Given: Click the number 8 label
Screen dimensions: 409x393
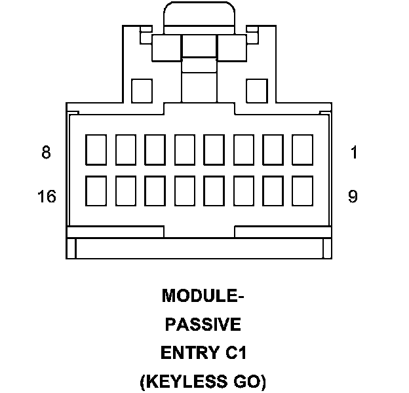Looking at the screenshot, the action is point(46,153).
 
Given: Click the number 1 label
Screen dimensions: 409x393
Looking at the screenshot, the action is point(354,153).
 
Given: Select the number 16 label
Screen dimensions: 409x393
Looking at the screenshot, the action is point(47,196).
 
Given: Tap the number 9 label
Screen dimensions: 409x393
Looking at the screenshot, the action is point(353,196).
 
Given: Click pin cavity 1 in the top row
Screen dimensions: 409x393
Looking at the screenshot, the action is point(302,150).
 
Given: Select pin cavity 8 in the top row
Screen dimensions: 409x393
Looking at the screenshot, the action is point(96,150).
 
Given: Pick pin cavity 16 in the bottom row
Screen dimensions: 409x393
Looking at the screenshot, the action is point(96,193).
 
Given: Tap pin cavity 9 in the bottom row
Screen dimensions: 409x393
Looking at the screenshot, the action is point(302,193).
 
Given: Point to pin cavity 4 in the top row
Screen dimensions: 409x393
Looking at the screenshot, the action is point(214,150).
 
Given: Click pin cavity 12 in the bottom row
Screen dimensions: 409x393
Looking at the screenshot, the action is point(214,193).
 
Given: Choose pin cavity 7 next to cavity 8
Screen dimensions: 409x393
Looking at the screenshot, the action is point(125,150).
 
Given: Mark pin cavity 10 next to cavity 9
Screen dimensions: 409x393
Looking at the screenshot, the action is point(273,193).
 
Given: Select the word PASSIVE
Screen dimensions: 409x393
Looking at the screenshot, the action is point(203,324).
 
